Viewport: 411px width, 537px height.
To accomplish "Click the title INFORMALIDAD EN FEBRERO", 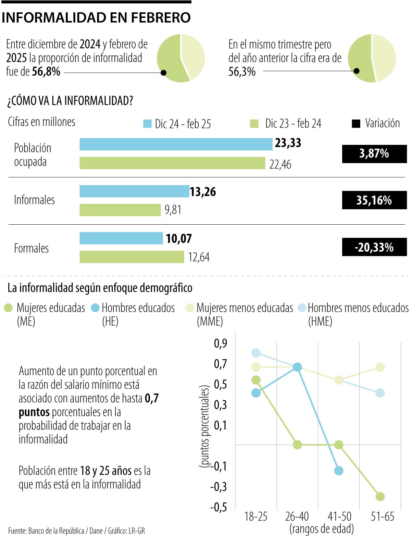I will click(96, 17).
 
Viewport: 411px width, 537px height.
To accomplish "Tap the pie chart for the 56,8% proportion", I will click(181, 58).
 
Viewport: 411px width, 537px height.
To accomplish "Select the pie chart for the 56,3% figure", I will click(372, 58).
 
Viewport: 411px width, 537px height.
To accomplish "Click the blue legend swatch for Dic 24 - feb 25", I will click(147, 124).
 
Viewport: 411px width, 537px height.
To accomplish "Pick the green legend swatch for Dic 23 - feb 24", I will click(254, 124).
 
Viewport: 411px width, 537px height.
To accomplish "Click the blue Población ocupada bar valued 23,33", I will click(176, 144).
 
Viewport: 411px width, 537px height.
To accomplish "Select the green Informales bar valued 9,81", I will click(120, 210).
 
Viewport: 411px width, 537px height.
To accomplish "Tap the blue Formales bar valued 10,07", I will click(121, 238).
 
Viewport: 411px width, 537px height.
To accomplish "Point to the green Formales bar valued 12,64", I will click(132, 257).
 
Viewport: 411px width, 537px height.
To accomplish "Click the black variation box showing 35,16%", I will click(374, 200).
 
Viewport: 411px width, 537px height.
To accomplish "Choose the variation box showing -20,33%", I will click(374, 247).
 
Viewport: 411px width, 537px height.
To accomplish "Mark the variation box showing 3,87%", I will click(374, 153).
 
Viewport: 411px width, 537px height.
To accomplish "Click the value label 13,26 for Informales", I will click(203, 192).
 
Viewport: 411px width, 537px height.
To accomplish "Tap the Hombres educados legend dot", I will click(95, 308).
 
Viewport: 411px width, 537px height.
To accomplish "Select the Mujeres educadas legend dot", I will click(8, 308).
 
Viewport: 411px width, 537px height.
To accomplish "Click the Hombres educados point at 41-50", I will click(338, 471).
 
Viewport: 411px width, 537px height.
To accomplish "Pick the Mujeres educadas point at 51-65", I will click(380, 496).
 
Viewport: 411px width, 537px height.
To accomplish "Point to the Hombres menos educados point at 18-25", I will click(256, 353).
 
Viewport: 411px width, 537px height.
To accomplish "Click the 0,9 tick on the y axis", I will click(220, 343).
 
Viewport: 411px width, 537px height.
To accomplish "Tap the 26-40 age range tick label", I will click(297, 516).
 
